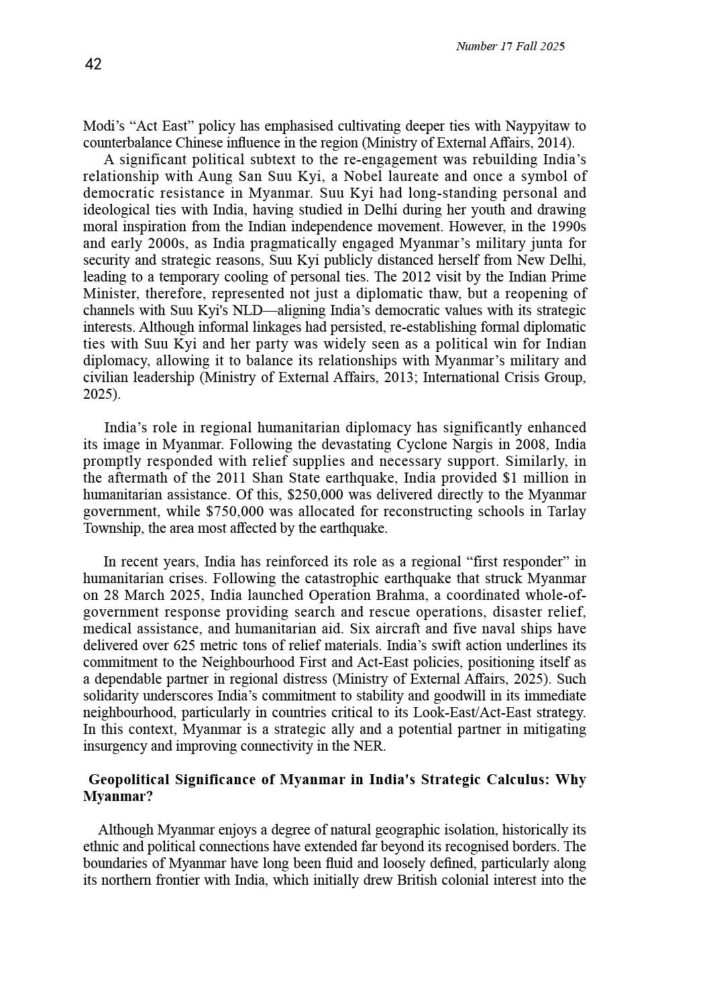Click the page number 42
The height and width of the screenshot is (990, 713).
(x=93, y=64)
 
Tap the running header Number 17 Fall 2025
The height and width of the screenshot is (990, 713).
(x=510, y=46)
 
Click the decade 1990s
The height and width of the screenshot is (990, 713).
(x=567, y=227)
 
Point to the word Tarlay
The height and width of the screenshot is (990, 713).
(x=567, y=511)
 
